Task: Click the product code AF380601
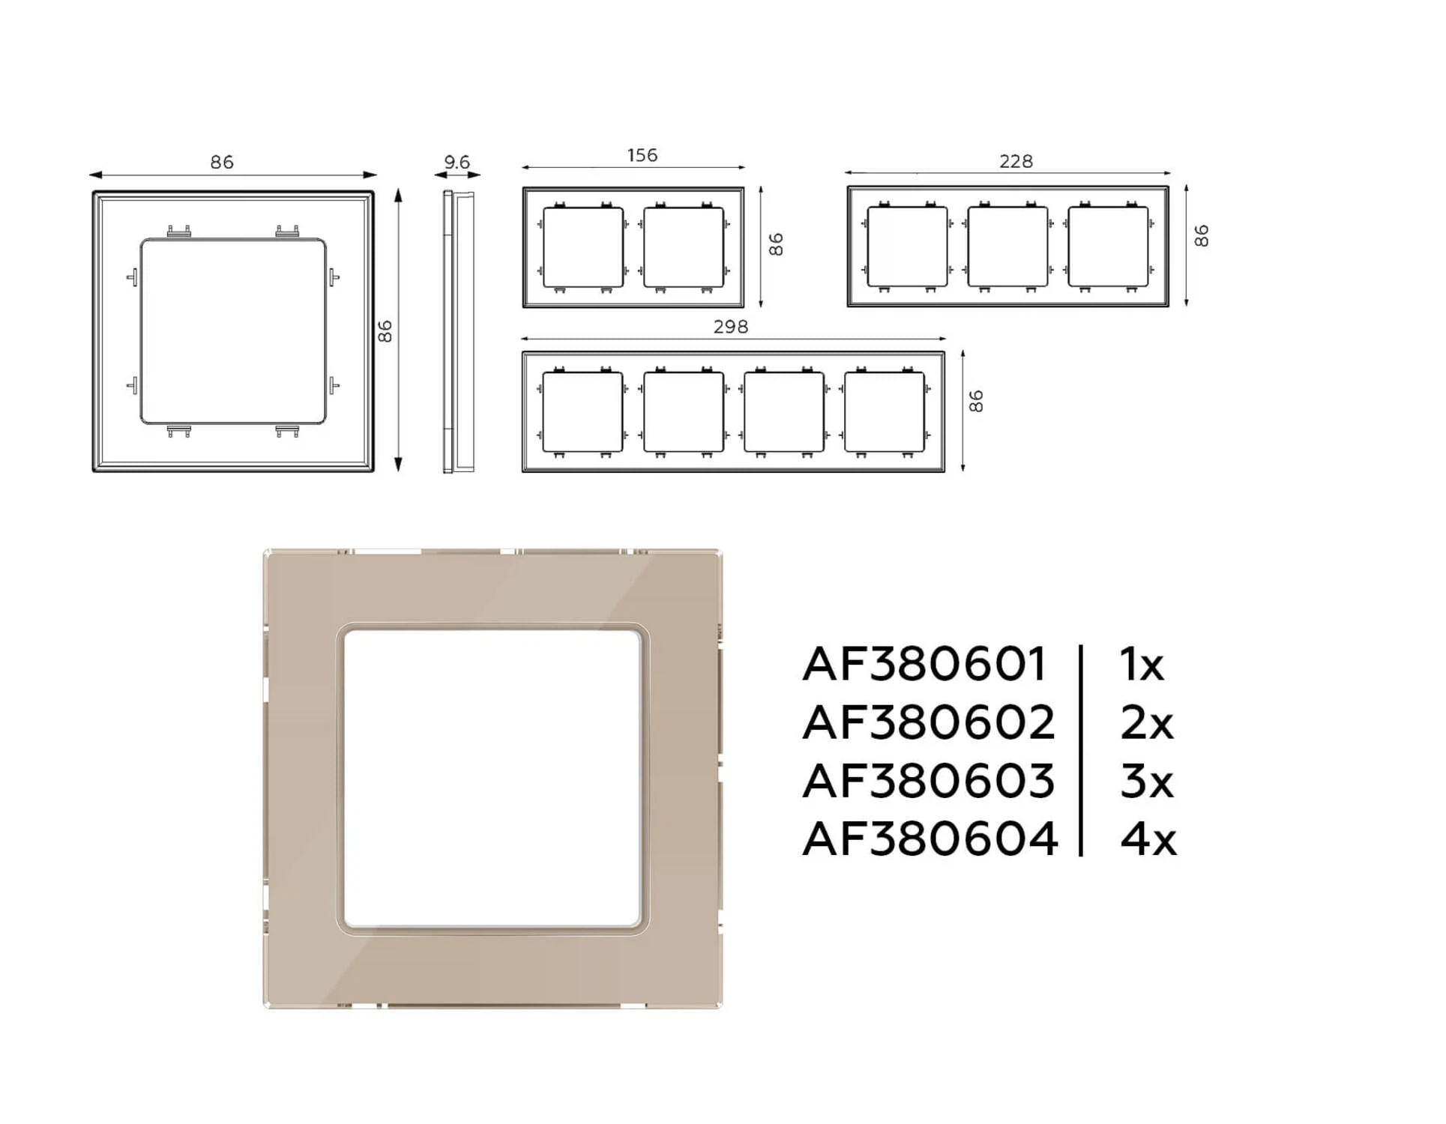point(924,665)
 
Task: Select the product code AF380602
point(929,723)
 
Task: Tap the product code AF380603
point(929,781)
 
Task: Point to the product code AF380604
point(930,839)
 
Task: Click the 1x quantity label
point(1142,665)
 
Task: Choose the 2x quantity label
point(1147,723)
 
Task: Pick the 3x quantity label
point(1147,781)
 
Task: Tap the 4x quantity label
point(1148,839)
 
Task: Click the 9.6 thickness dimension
point(457,162)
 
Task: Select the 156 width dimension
point(642,155)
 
